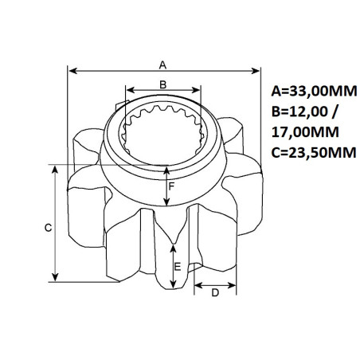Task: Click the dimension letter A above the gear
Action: (x=163, y=63)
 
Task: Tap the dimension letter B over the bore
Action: (x=162, y=84)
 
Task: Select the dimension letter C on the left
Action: (x=48, y=228)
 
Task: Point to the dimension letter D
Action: (x=214, y=292)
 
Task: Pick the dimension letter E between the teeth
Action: (x=178, y=268)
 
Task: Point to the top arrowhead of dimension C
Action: (x=55, y=169)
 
